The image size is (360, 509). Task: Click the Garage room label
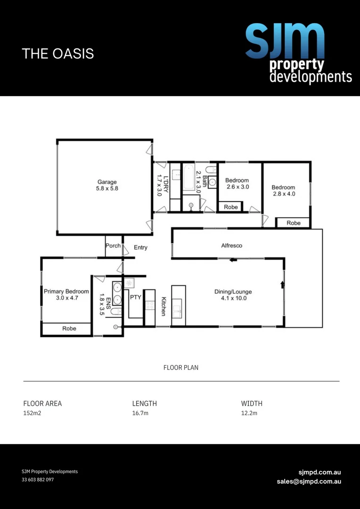107,185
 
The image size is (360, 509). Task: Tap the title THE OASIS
58,54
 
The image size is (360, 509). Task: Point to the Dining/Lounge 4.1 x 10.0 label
230,295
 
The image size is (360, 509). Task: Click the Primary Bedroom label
66,295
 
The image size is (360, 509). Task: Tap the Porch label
113,246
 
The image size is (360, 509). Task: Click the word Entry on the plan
140,247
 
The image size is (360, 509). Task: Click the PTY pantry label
136,297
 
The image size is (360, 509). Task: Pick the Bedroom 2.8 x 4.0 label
283,190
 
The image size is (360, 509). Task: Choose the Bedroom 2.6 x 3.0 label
237,183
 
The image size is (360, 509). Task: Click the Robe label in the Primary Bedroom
69,328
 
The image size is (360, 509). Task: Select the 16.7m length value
140,413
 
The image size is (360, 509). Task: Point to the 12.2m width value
249,413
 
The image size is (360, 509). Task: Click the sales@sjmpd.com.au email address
309,481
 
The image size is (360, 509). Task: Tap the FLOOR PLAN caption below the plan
180,368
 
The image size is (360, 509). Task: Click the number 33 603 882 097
38,480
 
